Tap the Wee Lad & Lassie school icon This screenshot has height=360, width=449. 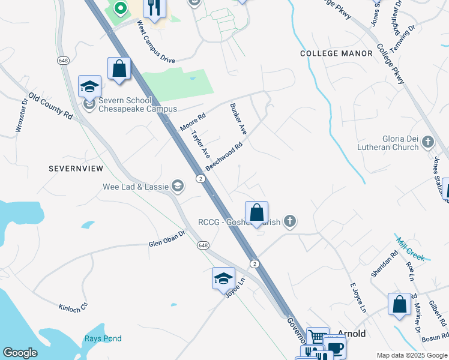178,186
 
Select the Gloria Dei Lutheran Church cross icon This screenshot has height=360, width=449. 427,142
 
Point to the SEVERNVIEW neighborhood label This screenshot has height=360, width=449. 76,169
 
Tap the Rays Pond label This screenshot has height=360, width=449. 103,338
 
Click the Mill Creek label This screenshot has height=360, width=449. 411,249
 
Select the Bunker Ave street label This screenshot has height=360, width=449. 238,118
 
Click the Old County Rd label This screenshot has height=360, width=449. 50,107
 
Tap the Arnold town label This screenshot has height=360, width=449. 352,333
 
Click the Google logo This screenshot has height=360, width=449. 20,353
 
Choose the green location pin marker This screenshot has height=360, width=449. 120,10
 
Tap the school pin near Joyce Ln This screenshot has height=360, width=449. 223,278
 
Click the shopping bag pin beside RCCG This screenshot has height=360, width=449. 256,212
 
